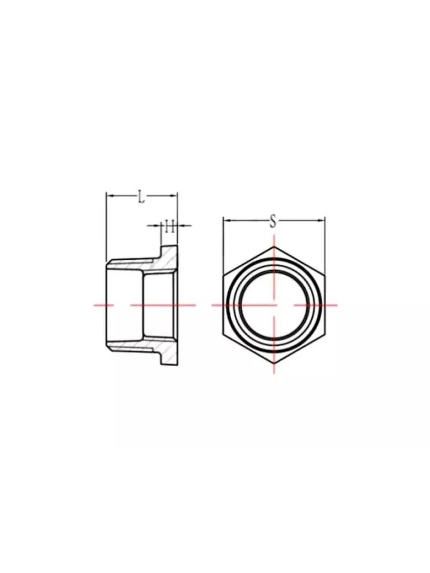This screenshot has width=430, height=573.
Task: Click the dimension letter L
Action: [x=141, y=196]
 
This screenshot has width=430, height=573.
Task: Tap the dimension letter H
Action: [x=169, y=226]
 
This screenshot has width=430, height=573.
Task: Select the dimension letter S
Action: [x=273, y=221]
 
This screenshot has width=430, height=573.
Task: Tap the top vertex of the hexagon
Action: [x=274, y=247]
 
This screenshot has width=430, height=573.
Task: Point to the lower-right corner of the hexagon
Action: [x=324, y=334]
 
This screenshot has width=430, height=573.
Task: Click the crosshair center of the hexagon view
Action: [x=274, y=305]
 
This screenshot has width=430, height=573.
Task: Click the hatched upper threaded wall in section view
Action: [x=134, y=265]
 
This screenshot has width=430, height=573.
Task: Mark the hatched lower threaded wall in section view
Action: [x=134, y=345]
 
